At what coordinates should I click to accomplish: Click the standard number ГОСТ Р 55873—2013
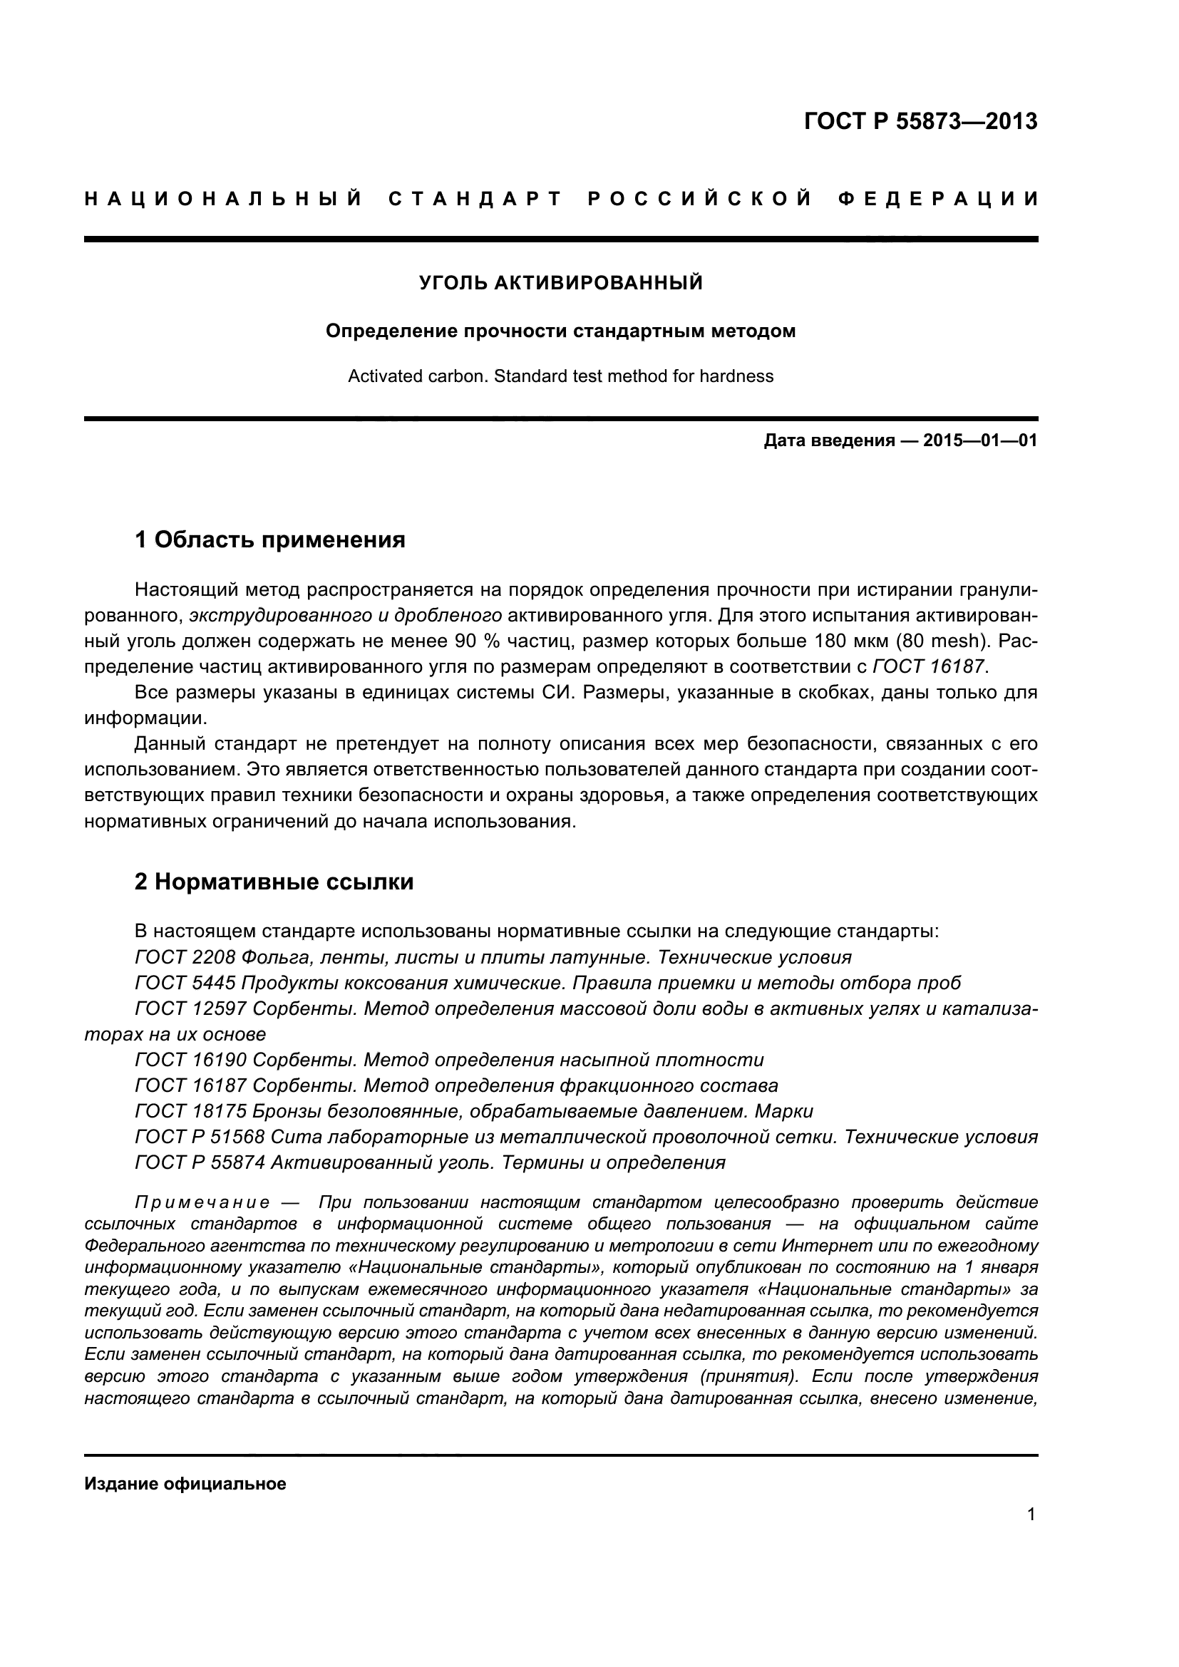tap(920, 121)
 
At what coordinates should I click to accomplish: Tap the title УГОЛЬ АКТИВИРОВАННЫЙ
tap(560, 282)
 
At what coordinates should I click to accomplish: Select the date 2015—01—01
tap(980, 440)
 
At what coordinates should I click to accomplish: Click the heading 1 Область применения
tap(270, 540)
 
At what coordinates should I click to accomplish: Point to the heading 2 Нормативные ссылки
tap(274, 882)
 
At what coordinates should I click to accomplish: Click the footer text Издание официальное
tap(185, 1484)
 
